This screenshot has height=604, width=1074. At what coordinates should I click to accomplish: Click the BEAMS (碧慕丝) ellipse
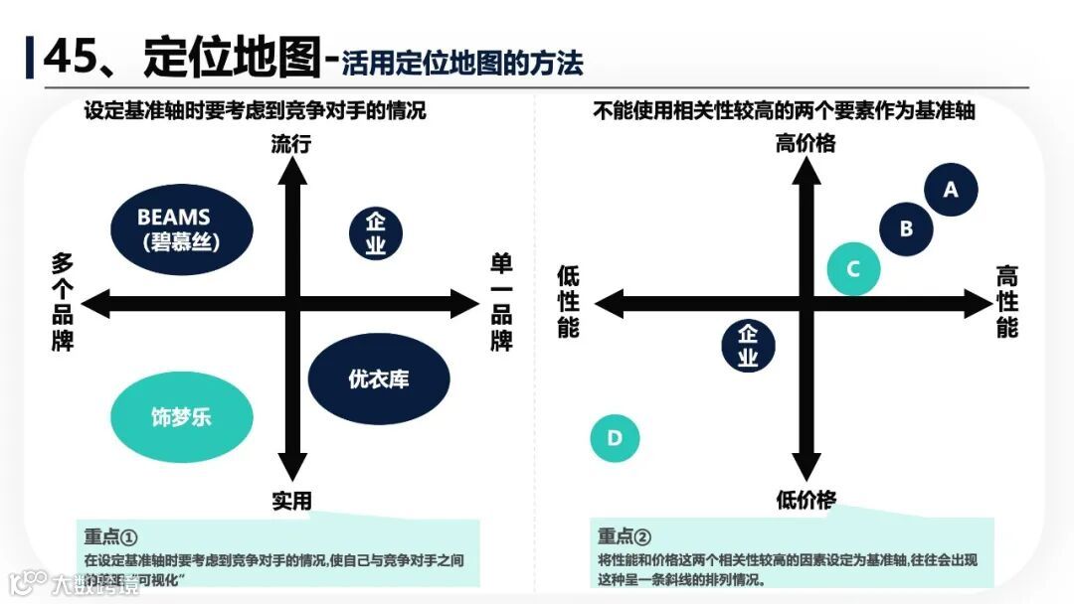click(x=180, y=228)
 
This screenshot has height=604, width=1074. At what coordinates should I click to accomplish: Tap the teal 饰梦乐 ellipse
click(x=181, y=416)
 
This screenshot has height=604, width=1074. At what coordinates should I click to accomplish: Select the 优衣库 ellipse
click(x=379, y=378)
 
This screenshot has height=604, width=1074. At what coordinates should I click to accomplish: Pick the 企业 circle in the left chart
click(x=375, y=233)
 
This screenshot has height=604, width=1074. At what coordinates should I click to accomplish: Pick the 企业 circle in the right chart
click(x=748, y=346)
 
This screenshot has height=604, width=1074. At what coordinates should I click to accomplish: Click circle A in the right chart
click(x=951, y=189)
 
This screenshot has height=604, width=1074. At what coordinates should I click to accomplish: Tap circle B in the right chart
click(x=906, y=228)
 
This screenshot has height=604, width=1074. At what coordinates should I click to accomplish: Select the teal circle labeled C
click(x=853, y=269)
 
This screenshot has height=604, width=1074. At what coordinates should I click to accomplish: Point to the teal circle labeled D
click(x=615, y=438)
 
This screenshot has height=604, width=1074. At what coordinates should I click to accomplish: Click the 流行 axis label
click(x=291, y=144)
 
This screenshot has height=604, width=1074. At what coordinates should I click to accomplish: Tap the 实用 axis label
click(x=291, y=500)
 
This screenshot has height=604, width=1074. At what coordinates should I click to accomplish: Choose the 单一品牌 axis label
click(x=501, y=302)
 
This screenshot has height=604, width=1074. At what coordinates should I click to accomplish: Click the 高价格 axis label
click(x=805, y=144)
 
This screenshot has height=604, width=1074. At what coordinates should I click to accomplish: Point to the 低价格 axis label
click(x=805, y=500)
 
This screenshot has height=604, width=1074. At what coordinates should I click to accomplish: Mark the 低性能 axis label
click(x=568, y=302)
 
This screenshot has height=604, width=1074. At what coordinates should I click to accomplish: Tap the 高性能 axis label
click(x=1007, y=302)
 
